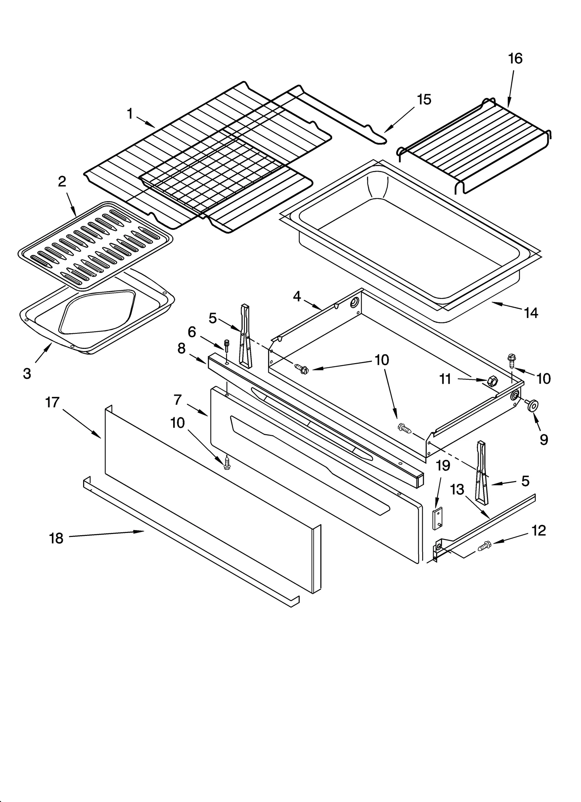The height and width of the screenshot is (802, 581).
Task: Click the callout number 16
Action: coord(515,58)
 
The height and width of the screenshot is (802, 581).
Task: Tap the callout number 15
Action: coord(423,99)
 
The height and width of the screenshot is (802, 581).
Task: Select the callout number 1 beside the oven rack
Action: coord(130,114)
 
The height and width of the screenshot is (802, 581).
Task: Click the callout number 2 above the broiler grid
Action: coord(62,182)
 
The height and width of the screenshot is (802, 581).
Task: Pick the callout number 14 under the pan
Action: coord(531,313)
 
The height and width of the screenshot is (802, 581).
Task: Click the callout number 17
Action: coord(52,402)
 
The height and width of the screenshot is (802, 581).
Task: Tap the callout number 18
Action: coord(56,538)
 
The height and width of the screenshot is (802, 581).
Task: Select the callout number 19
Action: coord(443,465)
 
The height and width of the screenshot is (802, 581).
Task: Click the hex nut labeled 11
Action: coord(492,381)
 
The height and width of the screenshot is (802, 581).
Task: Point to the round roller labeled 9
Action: coord(532,405)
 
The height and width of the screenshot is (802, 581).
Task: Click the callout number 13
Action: coord(457,490)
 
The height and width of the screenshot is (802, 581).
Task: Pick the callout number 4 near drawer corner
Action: coord(297,297)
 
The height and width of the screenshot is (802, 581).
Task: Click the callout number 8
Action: coord(182,349)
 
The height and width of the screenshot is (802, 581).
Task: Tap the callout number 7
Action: coord(178,400)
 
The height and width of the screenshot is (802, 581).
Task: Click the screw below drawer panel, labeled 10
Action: coord(227,463)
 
